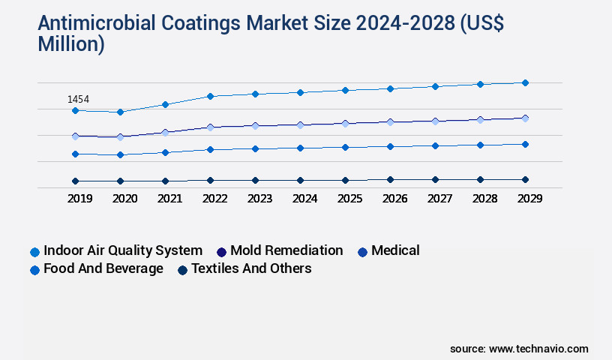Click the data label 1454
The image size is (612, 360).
tap(78, 99)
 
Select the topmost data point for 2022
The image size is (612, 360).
tap(210, 96)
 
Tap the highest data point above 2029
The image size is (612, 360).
tap(525, 82)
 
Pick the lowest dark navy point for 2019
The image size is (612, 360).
tap(75, 181)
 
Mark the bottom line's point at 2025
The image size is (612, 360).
tap(345, 180)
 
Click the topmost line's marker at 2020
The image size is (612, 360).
tap(120, 112)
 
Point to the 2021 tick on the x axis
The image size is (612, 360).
tap(169, 199)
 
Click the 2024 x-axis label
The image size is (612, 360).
tap(304, 199)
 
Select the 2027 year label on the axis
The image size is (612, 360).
tap(439, 199)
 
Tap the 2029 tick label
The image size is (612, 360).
tap(529, 199)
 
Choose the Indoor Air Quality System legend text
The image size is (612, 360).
tap(123, 250)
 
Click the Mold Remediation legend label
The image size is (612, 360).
tap(286, 250)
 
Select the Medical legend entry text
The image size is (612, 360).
tap(395, 250)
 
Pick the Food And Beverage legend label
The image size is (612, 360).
tap(103, 268)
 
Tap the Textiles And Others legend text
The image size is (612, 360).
tap(251, 268)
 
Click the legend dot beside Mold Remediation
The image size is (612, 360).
tap(221, 251)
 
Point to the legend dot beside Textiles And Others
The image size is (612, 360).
tap(182, 269)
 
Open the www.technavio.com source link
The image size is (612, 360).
tap(538, 349)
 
